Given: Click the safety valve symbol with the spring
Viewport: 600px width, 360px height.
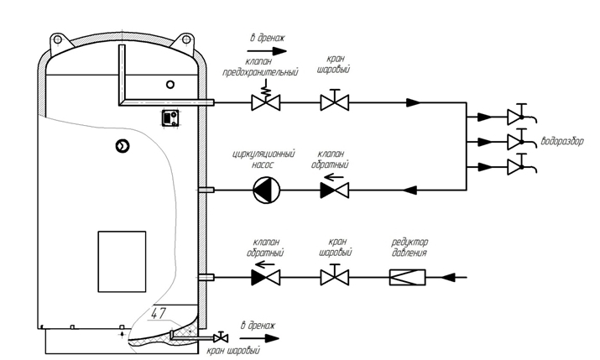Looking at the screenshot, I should click(266, 102).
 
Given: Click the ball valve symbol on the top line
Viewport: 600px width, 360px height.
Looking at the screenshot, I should click(336, 102).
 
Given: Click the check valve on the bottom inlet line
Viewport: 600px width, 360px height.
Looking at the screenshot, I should click(266, 276).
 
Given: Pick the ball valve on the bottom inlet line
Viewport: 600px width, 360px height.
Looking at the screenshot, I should click(336, 276).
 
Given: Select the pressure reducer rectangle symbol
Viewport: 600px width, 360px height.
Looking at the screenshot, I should click(410, 276).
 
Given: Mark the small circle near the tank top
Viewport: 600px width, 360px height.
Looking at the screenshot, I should click(170, 84).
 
